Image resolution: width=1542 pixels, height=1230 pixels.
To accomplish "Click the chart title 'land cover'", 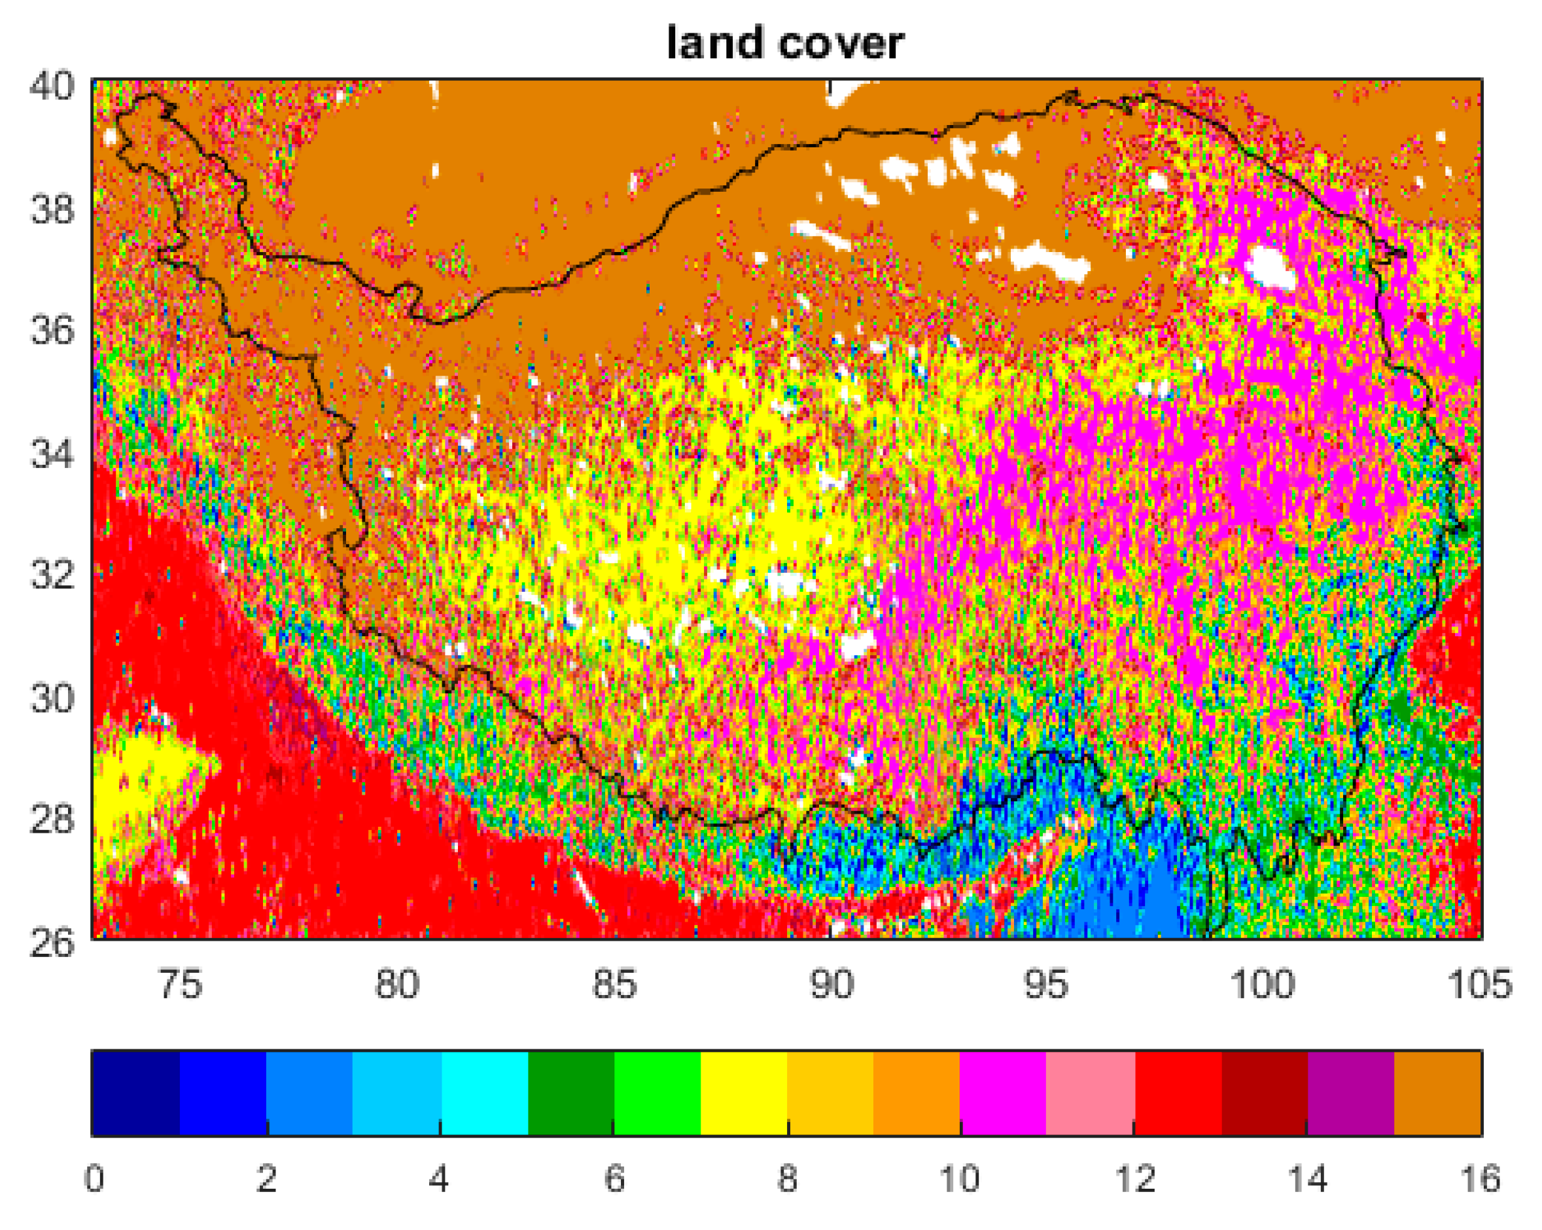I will pyautogui.click(x=784, y=43).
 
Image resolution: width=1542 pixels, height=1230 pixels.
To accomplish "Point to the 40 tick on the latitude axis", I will pyautogui.click(x=52, y=86).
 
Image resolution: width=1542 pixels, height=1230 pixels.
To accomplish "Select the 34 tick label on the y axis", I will pyautogui.click(x=52, y=454).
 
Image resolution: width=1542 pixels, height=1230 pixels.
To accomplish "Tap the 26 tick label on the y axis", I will pyautogui.click(x=52, y=943).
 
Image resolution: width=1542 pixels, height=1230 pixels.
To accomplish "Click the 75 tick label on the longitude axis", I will pyautogui.click(x=179, y=983).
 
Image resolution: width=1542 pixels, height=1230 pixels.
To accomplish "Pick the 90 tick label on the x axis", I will pyautogui.click(x=831, y=983).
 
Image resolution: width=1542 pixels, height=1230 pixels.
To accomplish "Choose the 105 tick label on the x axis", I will pyautogui.click(x=1479, y=983).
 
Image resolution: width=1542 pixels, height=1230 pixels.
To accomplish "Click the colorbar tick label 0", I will pyautogui.click(x=94, y=1178).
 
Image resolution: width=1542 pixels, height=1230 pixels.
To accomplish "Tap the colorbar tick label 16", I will pyautogui.click(x=1479, y=1178).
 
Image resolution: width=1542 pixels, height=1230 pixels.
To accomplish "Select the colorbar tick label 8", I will pyautogui.click(x=788, y=1178).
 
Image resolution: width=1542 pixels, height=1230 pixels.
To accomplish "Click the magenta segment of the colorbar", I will pyautogui.click(x=1003, y=1093).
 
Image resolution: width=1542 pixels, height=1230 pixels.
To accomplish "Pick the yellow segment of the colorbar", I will pyautogui.click(x=744, y=1093).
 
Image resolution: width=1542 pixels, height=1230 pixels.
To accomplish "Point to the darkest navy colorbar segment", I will pyautogui.click(x=136, y=1093).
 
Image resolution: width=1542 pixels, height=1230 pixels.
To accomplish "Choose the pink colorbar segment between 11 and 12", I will pyautogui.click(x=1090, y=1093).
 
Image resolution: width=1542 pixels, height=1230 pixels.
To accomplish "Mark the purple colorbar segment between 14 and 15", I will pyautogui.click(x=1350, y=1093).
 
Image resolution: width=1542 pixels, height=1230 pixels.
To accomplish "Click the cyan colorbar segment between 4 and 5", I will pyautogui.click(x=484, y=1093).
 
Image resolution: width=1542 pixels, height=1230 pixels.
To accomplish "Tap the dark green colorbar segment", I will pyautogui.click(x=570, y=1093).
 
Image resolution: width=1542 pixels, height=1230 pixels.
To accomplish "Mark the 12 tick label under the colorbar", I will pyautogui.click(x=1134, y=1178).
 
